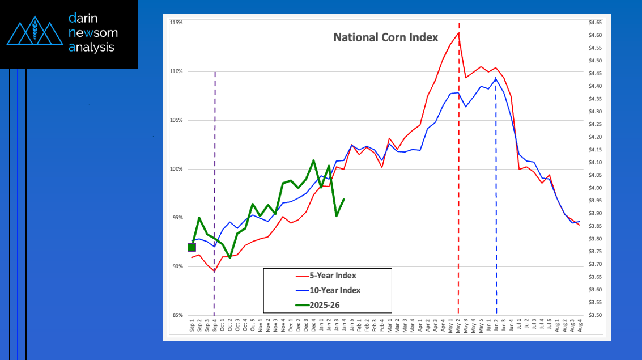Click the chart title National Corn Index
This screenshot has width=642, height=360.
[385, 37]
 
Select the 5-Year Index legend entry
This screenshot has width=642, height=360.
[333, 276]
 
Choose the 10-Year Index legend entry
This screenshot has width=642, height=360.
[334, 290]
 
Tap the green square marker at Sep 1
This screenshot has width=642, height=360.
[192, 247]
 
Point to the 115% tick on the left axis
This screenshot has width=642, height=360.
[175, 23]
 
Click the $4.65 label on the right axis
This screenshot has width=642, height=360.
[595, 22]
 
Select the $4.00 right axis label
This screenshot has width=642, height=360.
[595, 188]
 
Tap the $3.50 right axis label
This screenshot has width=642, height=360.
[595, 315]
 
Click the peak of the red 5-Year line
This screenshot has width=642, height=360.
[458, 33]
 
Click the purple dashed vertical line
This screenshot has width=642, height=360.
[214, 170]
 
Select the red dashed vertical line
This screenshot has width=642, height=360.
[458, 170]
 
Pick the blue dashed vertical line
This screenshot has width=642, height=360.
[496, 198]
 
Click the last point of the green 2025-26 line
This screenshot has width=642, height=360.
[344, 199]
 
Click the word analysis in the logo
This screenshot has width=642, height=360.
[91, 48]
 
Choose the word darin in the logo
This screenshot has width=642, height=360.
[83, 18]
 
